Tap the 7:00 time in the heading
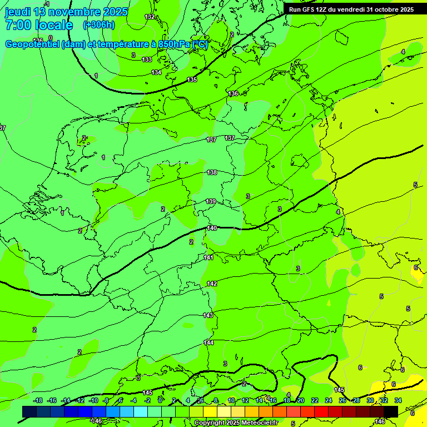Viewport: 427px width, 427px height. click(18, 25)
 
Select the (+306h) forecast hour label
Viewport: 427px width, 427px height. click(98, 24)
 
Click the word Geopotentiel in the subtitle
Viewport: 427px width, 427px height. click(32, 44)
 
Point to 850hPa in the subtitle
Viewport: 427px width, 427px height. click(172, 44)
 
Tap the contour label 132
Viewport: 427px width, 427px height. click(150, 17)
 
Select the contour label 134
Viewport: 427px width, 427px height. click(157, 72)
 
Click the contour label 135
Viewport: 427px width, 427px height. click(192, 80)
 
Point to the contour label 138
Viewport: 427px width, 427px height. click(212, 172)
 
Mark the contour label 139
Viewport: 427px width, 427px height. click(211, 201)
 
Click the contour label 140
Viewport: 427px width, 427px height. click(212, 228)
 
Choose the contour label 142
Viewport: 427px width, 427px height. click(212, 284)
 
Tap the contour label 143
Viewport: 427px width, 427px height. click(208, 315)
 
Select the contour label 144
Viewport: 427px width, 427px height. click(208, 342)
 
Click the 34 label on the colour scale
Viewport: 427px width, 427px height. click(398, 400)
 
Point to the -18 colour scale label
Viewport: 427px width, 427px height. click(38, 400)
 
